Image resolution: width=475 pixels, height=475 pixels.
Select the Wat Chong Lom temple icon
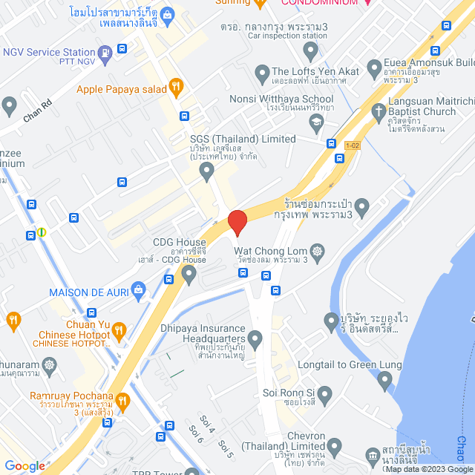tap(318, 252)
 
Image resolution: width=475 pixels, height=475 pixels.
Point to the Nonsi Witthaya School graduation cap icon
tap(317, 122)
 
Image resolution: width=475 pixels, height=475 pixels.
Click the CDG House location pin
tap(189, 275)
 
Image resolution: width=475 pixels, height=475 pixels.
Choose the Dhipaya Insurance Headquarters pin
tap(256, 341)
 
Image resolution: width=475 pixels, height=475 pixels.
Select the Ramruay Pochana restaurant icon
tap(123, 402)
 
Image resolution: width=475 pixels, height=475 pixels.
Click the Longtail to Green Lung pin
tap(384, 381)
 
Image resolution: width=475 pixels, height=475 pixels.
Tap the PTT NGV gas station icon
tap(105, 52)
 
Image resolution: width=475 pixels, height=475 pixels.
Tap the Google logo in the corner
tap(24, 466)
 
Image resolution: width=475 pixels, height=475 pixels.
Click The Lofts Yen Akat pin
tap(261, 73)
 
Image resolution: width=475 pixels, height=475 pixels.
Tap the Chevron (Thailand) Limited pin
tap(334, 447)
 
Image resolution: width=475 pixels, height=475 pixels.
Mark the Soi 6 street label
tap(197, 436)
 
